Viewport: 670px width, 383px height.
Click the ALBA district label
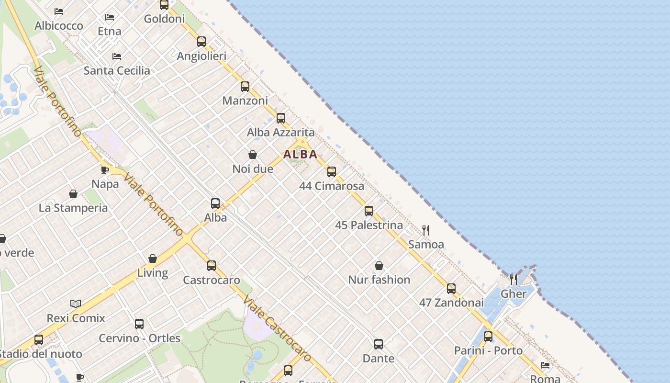[x=300, y=154]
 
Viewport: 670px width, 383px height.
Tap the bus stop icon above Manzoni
[x=245, y=87]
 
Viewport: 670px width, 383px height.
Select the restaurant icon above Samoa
[x=426, y=230]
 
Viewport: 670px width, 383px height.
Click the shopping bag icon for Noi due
[x=253, y=155]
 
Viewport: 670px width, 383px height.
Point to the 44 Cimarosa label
[x=332, y=186]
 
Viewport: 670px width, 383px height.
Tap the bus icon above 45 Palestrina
[x=369, y=211]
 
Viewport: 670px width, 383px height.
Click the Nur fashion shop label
[x=379, y=280]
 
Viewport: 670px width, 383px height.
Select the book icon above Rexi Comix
[x=76, y=304]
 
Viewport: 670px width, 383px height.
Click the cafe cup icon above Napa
[x=105, y=170]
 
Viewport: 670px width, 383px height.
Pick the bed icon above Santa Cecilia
[x=117, y=56]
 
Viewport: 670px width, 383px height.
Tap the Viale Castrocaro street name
[x=277, y=329]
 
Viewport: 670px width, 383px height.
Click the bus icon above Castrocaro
[x=212, y=266]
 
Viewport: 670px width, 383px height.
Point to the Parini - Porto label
[x=488, y=350]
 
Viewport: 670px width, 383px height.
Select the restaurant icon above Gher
[x=514, y=279]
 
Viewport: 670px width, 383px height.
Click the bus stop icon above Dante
[x=379, y=344]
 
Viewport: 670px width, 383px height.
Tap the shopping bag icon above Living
[x=153, y=259]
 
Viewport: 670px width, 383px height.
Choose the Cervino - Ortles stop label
[x=140, y=338]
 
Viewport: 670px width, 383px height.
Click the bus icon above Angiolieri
[x=201, y=42]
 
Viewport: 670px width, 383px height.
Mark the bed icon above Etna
[x=110, y=17]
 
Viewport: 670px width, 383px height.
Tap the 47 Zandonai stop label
[x=451, y=303]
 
